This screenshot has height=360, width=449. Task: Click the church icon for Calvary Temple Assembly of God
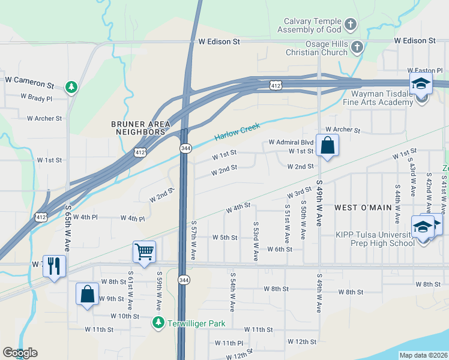(x=351, y=25)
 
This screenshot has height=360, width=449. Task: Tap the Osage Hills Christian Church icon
(x=357, y=47)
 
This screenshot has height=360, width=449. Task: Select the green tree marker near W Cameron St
(x=71, y=88)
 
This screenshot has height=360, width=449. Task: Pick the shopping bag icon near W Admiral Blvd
(x=328, y=145)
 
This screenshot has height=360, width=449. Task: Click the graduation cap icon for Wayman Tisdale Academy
(x=421, y=83)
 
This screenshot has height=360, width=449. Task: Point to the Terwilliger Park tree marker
(x=158, y=323)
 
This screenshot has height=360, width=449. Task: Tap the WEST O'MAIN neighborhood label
(x=363, y=208)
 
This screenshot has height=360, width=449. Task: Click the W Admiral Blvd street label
(x=291, y=142)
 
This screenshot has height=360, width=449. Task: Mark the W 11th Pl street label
(x=229, y=343)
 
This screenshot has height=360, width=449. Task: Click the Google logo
(x=20, y=353)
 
